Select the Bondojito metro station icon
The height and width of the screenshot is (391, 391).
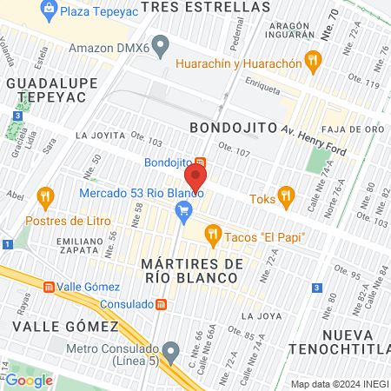pos(201,162)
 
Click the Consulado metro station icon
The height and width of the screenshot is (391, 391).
pos(162,305)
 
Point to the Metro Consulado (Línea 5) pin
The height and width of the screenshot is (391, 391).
pos(171,352)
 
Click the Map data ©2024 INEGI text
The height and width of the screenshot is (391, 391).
pos(339,384)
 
